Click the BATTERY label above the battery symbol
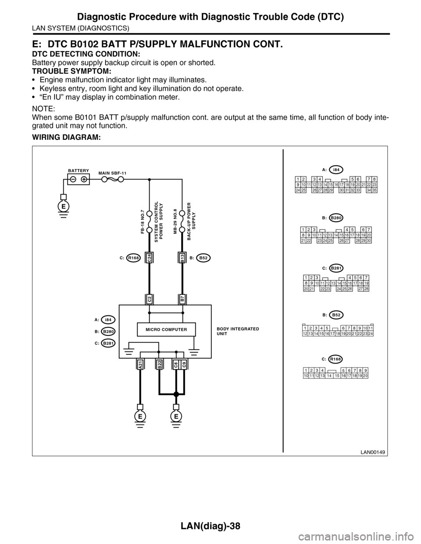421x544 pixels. click(x=78, y=170)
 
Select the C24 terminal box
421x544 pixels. click(x=150, y=258)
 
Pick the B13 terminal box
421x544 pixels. click(x=182, y=258)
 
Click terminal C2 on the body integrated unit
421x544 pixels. click(x=150, y=299)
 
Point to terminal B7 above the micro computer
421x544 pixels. click(x=182, y=299)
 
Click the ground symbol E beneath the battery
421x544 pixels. click(x=64, y=206)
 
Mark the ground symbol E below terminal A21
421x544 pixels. click(x=140, y=417)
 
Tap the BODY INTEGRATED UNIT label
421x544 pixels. click(x=238, y=331)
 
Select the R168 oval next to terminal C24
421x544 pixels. click(x=133, y=258)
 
